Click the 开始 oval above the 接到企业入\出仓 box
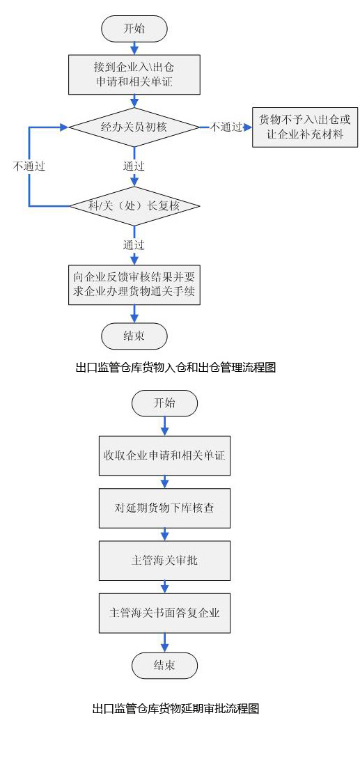coord(134,29)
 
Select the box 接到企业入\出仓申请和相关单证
coord(134,75)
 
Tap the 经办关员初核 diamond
coord(134,127)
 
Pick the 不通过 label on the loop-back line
coord(29,166)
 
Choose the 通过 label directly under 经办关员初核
coord(134,166)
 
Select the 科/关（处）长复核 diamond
coord(134,206)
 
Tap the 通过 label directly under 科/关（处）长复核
coord(134,245)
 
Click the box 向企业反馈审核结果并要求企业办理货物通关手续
coord(134,285)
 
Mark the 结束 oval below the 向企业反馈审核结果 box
coord(134,336)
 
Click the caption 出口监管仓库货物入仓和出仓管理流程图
coord(176,368)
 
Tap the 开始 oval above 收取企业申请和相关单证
coord(164,403)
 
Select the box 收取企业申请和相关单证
coord(164,455)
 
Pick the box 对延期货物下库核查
coord(164,508)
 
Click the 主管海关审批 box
coord(164,561)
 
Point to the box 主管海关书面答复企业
coord(164,613)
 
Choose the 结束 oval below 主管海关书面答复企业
coord(164,665)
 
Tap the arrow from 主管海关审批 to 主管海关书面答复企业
coord(164,587)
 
